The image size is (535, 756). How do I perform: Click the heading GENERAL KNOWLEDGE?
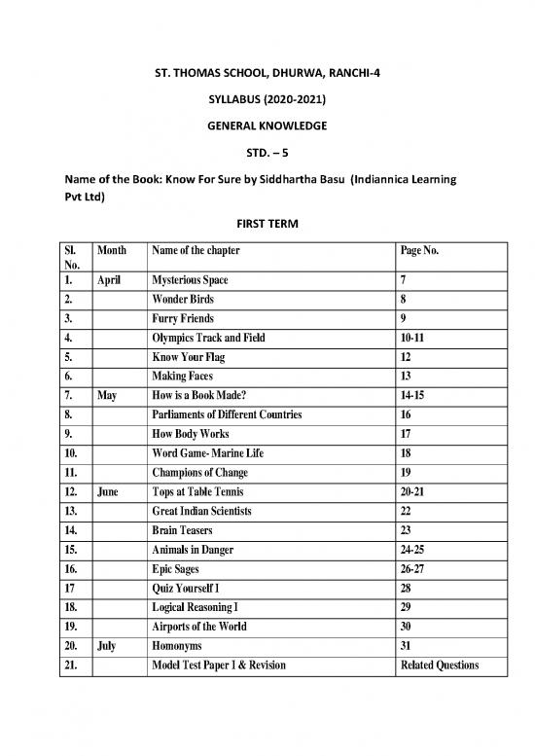267,126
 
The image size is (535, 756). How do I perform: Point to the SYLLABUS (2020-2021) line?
267,100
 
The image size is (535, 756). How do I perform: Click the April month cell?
111,280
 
